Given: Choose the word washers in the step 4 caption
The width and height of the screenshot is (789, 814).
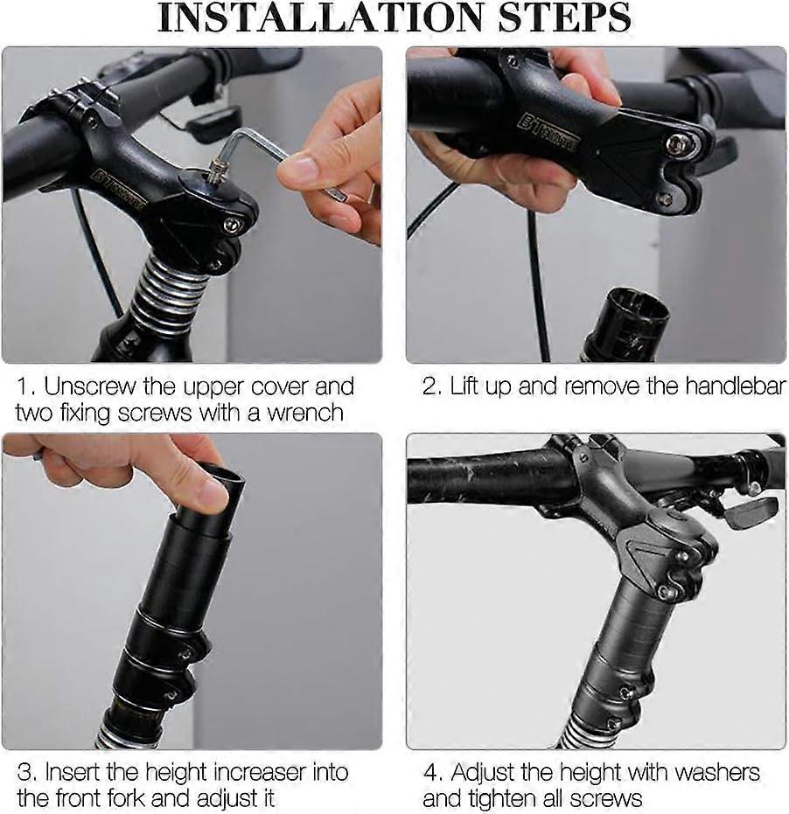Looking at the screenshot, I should pyautogui.click(x=707, y=772).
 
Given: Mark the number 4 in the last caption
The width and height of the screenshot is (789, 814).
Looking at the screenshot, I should pyautogui.click(x=431, y=772).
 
